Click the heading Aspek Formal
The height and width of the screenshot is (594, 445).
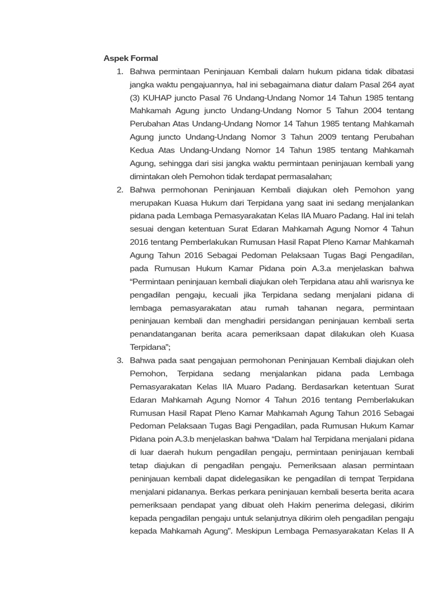(x=130, y=58)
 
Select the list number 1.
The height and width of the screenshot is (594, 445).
(x=120, y=71)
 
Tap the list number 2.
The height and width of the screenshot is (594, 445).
(x=120, y=190)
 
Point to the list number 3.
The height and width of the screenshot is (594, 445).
(x=120, y=360)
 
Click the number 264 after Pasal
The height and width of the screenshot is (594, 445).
(x=385, y=85)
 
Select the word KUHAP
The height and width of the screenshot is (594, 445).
(x=158, y=97)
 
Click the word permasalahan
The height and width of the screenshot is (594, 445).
(x=304, y=176)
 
